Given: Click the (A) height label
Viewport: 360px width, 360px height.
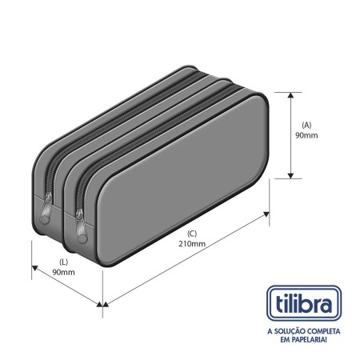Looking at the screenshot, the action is tap(306, 125).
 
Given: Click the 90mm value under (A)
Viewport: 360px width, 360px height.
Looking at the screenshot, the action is tap(306, 135).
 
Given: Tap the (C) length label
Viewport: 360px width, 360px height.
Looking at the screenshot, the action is tap(192, 234).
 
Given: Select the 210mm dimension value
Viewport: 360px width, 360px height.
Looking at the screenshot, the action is tap(192, 244).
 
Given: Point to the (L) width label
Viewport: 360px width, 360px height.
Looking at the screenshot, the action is tap(63, 262).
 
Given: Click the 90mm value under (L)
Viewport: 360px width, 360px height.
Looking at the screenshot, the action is tap(63, 272).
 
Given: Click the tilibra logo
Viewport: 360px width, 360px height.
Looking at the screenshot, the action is tap(304, 303).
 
